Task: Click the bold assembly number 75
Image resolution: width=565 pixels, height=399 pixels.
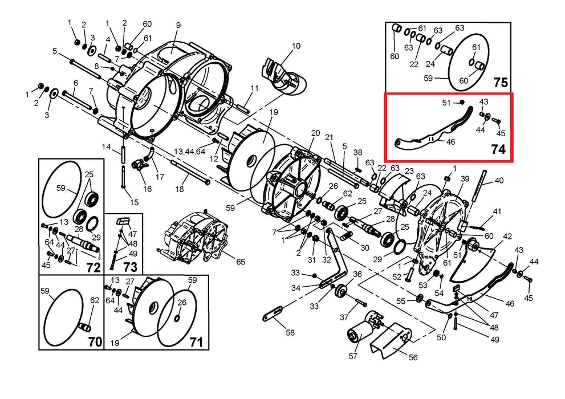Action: tap(500, 83)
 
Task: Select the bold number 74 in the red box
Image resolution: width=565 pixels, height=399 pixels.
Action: tap(498, 150)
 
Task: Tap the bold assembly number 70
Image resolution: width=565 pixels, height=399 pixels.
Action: tap(95, 343)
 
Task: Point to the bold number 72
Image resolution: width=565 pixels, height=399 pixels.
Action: tap(93, 267)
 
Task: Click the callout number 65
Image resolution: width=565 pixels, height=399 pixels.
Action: tap(241, 262)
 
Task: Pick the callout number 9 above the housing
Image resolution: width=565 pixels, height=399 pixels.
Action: tap(178, 25)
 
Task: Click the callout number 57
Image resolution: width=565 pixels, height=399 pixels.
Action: tap(353, 356)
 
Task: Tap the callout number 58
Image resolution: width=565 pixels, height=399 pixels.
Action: tap(290, 332)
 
